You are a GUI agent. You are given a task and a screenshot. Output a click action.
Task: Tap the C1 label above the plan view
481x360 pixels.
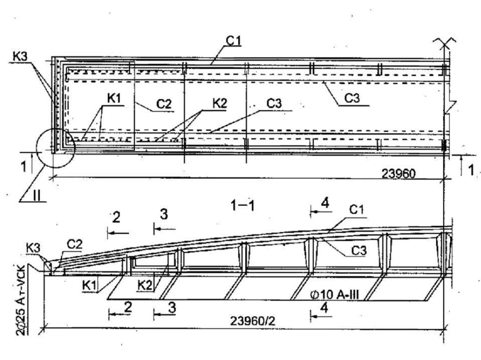tap(233, 41)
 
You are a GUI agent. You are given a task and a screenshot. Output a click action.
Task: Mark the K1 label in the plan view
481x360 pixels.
tap(113, 100)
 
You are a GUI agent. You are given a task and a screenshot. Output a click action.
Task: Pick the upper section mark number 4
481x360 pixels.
tap(324, 204)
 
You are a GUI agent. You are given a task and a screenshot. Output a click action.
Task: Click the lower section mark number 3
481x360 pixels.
tap(172, 307)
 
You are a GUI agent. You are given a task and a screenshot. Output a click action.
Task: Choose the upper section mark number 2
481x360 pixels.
tap(116, 217)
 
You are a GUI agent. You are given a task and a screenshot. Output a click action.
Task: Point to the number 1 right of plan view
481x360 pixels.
tap(470, 169)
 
